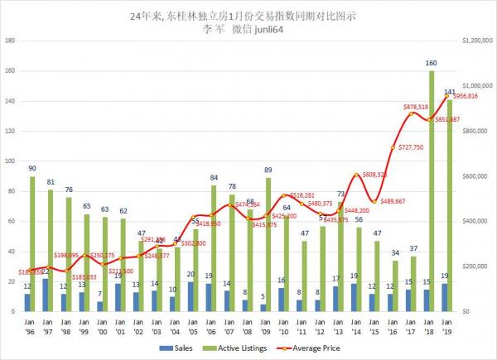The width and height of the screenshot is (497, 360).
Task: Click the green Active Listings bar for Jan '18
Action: [x=432, y=190]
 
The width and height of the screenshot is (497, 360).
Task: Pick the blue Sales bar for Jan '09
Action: [x=263, y=307]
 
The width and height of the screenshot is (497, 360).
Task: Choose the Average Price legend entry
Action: [x=311, y=348]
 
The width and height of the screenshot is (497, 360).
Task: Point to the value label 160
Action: [x=432, y=63]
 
